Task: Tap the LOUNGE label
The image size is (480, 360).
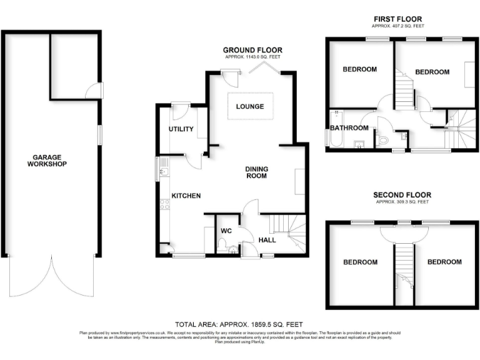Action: tap(249, 106)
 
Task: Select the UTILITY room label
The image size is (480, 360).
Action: tap(181, 129)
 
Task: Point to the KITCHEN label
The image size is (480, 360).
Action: tap(186, 196)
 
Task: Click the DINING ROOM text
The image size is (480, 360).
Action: tap(256, 172)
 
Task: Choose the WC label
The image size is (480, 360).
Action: tap(226, 231)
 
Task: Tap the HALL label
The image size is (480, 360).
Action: tap(266, 239)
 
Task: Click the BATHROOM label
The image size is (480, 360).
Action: tap(349, 128)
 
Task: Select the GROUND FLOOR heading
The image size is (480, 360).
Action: tap(252, 50)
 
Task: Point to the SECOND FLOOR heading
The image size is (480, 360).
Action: tap(402, 195)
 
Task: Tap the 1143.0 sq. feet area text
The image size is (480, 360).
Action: tap(252, 57)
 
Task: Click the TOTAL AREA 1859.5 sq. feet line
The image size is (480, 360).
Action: tap(239, 324)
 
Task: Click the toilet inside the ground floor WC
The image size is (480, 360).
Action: tap(232, 250)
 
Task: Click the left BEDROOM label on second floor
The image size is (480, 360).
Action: tap(360, 262)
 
